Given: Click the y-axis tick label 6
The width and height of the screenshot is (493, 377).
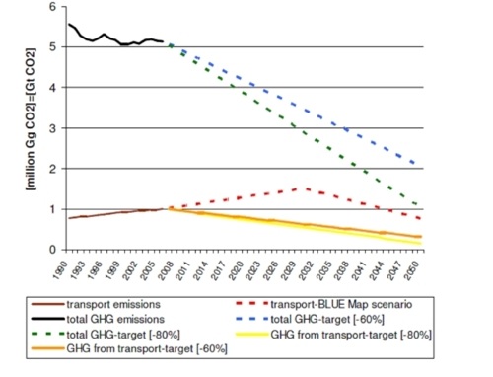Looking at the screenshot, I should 51,7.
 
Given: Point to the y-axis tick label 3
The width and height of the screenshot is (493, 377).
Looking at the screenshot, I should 51,127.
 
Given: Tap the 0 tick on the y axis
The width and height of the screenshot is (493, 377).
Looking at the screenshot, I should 51,249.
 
